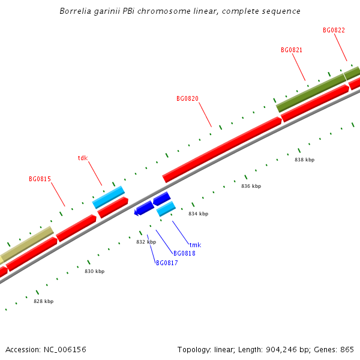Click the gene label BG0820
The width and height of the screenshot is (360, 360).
[x=187, y=98]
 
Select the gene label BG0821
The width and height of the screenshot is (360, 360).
[x=292, y=50]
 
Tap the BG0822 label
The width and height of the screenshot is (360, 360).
[x=334, y=30]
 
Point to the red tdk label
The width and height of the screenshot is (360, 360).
[x=83, y=158]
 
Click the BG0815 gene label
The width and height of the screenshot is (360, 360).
[x=40, y=179]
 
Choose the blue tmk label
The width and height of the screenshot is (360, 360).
[x=195, y=245]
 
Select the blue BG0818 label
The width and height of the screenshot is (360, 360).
[x=184, y=253]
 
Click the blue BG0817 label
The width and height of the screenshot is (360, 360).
[x=167, y=263]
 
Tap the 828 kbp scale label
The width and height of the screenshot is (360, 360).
[x=43, y=301]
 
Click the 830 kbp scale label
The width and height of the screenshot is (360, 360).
[x=94, y=271]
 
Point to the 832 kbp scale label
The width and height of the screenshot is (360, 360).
[x=146, y=242]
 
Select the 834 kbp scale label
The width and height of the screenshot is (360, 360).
[x=198, y=214]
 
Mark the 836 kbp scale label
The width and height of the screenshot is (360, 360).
[x=251, y=186]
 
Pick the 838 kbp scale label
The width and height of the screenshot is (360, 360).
[x=304, y=160]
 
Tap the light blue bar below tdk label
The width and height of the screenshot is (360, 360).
[x=109, y=197]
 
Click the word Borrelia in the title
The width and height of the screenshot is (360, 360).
[x=76, y=11]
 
